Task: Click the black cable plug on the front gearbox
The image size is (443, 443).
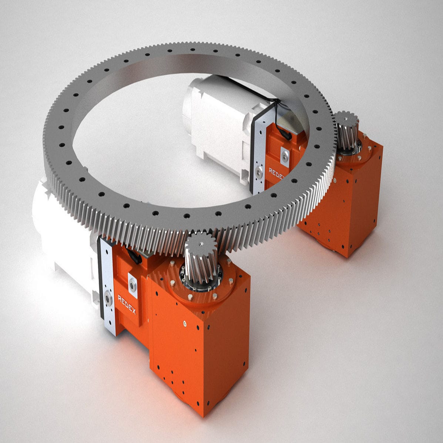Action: (x=134, y=256)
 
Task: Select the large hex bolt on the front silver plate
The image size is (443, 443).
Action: (x=108, y=298)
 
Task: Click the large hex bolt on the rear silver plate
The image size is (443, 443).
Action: (x=259, y=171)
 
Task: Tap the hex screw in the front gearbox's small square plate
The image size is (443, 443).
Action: (x=132, y=285)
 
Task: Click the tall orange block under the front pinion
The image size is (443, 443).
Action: (x=200, y=352)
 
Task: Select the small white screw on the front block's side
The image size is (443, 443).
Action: (x=184, y=324)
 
